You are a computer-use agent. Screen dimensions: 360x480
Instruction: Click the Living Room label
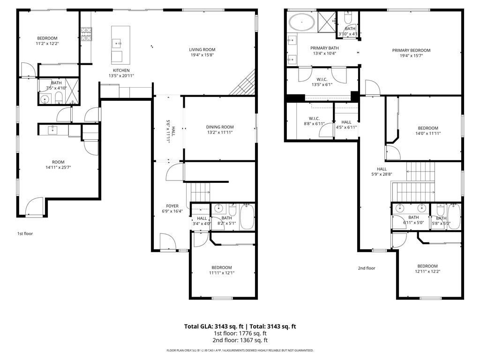click(202, 50)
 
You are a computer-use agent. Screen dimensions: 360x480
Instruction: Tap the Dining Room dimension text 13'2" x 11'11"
click(220, 133)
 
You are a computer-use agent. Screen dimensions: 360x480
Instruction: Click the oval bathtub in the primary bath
click(301, 22)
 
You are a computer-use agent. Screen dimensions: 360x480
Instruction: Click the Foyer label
click(172, 206)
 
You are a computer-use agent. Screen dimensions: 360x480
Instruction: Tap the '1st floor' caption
click(25, 233)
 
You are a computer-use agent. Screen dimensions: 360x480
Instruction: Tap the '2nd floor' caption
click(367, 269)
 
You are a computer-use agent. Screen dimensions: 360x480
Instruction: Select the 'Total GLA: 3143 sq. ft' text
click(213, 326)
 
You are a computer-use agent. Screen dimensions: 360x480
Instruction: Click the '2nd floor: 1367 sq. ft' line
click(240, 340)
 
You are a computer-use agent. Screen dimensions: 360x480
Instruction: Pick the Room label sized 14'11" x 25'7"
click(58, 162)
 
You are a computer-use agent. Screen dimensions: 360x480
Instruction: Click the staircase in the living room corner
click(245, 83)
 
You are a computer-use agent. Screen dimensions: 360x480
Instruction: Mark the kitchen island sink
click(116, 44)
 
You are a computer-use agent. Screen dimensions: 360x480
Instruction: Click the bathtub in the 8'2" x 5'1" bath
click(247, 217)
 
